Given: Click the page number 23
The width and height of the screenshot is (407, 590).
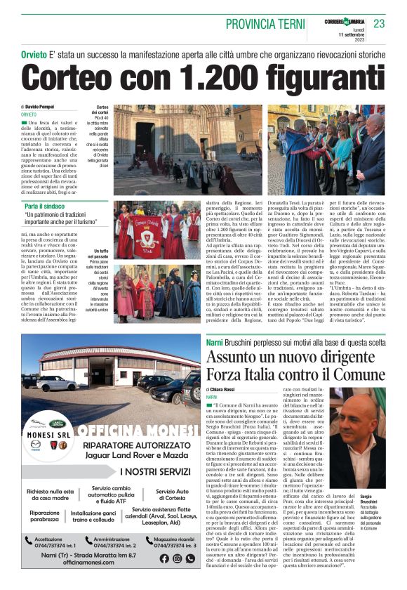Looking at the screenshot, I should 379,23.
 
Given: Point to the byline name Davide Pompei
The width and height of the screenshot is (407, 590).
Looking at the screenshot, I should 43,107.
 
